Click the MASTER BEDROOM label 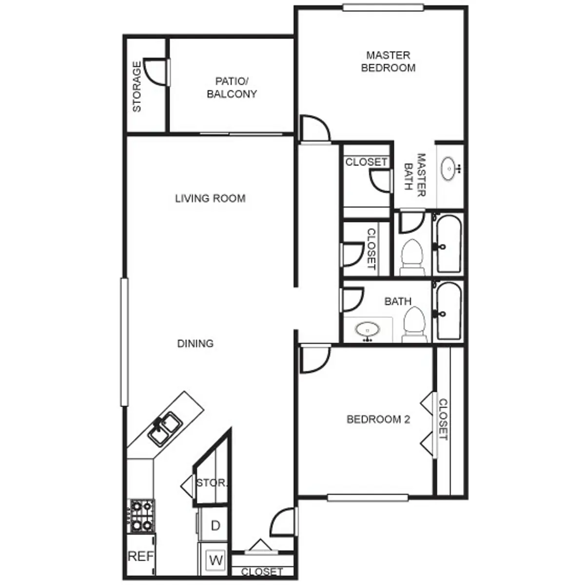click(388, 61)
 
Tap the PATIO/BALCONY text click(232, 87)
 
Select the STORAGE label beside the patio click(137, 86)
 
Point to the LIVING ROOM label click(210, 198)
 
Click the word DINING click(195, 343)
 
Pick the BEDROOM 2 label click(378, 419)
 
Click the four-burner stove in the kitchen click(142, 515)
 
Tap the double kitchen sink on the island click(165, 429)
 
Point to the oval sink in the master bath click(448, 169)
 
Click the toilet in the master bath click(412, 257)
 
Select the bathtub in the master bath click(448, 244)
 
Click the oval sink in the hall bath click(368, 331)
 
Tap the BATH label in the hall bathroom click(398, 301)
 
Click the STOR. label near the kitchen click(211, 483)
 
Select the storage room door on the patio click(156, 72)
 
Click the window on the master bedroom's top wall click(383, 7)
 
